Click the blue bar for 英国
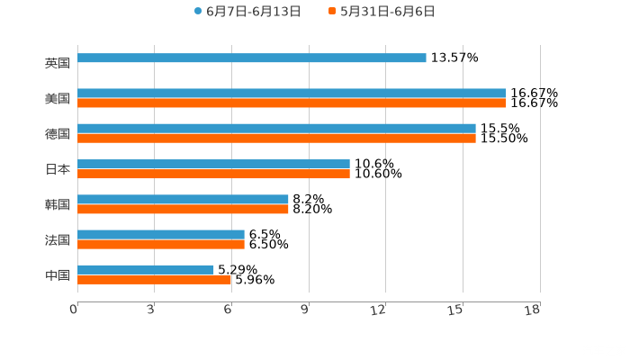pos(252,58)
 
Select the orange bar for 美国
pos(292,103)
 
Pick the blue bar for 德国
pos(276,129)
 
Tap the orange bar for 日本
pos(213,174)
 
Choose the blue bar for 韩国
pos(183,199)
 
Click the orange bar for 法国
pos(161,244)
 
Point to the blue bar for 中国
pos(146,269)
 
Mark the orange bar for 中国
pos(155,279)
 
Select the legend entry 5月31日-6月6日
pos(382,12)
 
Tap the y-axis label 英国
pos(58,64)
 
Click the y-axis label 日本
pos(58,169)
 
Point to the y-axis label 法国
pos(58,239)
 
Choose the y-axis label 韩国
pos(58,204)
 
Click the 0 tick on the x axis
pos(74,310)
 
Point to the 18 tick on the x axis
pos(533,310)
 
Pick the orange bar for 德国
pos(276,139)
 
